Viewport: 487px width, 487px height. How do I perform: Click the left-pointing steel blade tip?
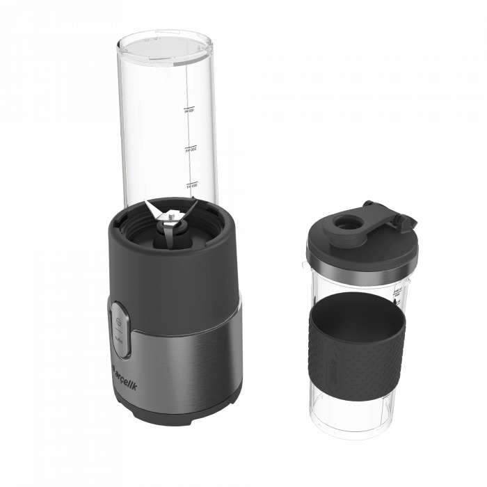(x=147, y=203)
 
